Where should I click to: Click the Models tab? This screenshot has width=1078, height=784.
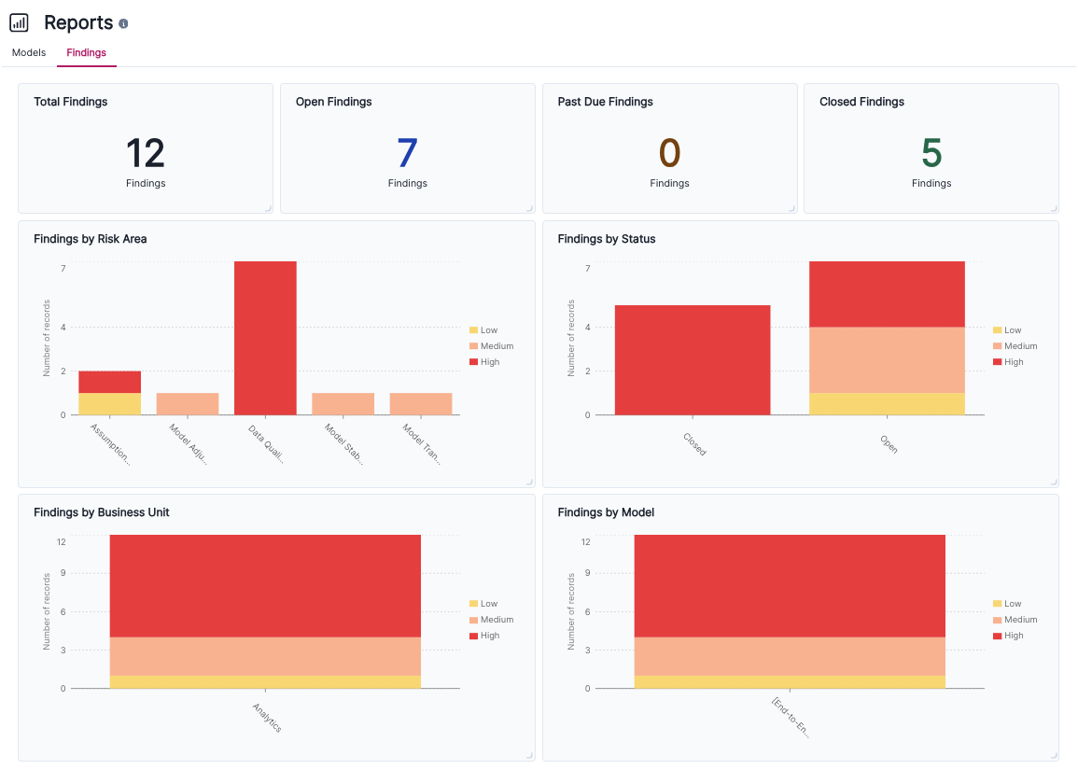click(x=29, y=52)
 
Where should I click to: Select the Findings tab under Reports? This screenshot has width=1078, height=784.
click(x=86, y=52)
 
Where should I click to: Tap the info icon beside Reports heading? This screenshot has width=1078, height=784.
click(x=124, y=24)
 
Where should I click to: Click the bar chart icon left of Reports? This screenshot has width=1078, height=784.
click(x=19, y=23)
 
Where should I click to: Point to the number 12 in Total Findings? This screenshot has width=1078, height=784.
click(x=145, y=153)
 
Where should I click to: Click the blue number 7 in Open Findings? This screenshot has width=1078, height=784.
click(x=407, y=153)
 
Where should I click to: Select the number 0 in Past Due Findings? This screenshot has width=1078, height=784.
click(x=669, y=153)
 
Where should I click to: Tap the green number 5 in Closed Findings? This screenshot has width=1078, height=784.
click(x=931, y=153)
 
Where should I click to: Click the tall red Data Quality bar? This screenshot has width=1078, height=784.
click(x=265, y=338)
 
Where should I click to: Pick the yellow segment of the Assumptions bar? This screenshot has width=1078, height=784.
click(x=109, y=404)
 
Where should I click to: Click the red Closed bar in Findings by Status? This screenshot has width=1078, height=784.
click(x=693, y=359)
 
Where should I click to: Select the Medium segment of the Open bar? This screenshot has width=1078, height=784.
click(x=887, y=359)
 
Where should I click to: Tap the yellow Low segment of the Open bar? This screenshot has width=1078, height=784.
click(x=887, y=404)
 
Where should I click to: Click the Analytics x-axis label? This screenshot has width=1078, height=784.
click(x=267, y=717)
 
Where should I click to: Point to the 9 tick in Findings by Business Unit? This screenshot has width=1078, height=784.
click(x=62, y=574)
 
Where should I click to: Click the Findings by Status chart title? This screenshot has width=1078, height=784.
click(x=607, y=239)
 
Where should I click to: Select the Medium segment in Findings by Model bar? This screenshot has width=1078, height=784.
click(x=790, y=656)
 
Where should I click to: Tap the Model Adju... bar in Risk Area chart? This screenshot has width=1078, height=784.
click(x=188, y=404)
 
